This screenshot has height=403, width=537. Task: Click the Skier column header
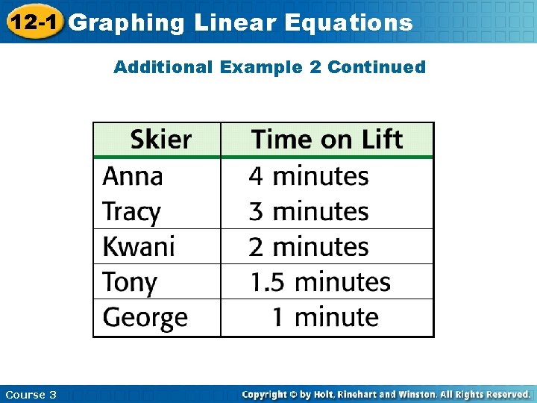pyautogui.click(x=160, y=140)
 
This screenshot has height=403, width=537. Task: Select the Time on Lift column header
pyautogui.click(x=327, y=140)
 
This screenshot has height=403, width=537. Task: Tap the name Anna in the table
pyautogui.click(x=133, y=176)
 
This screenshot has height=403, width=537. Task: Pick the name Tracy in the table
pyautogui.click(x=131, y=212)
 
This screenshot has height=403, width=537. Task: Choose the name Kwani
pyautogui.click(x=139, y=246)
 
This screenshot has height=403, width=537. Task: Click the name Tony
pyautogui.click(x=130, y=282)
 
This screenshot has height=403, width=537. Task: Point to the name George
pyautogui.click(x=145, y=318)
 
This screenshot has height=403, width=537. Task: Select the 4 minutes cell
pyautogui.click(x=309, y=176)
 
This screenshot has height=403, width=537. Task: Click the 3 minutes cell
pyautogui.click(x=309, y=212)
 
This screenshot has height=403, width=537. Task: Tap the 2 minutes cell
pyautogui.click(x=309, y=246)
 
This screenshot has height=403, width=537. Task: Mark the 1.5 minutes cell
pyautogui.click(x=320, y=282)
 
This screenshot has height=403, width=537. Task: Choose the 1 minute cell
pyautogui.click(x=324, y=317)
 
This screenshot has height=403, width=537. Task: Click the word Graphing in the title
pyautogui.click(x=126, y=23)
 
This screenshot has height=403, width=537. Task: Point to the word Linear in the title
pyautogui.click(x=236, y=23)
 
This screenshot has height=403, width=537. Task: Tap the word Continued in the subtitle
pyautogui.click(x=377, y=67)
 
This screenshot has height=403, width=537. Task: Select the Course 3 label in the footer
pyautogui.click(x=31, y=394)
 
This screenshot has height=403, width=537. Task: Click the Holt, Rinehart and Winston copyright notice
pyautogui.click(x=386, y=394)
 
